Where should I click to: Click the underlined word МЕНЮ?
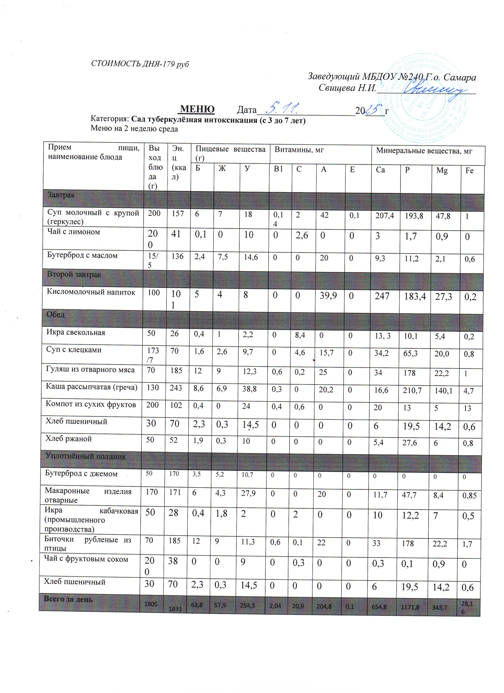click(x=197, y=109)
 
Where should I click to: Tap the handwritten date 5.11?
click(x=281, y=108)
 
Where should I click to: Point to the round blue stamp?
click(x=423, y=98)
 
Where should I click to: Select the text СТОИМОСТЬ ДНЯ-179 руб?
click(x=140, y=64)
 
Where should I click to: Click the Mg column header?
click(x=442, y=171)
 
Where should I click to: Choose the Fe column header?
click(x=469, y=171)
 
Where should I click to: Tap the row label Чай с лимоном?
click(x=74, y=232)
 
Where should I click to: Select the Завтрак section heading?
click(x=61, y=195)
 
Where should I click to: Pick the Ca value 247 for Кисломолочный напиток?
click(x=382, y=296)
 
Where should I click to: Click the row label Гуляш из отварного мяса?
click(x=90, y=370)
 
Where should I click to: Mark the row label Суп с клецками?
click(x=74, y=349)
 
